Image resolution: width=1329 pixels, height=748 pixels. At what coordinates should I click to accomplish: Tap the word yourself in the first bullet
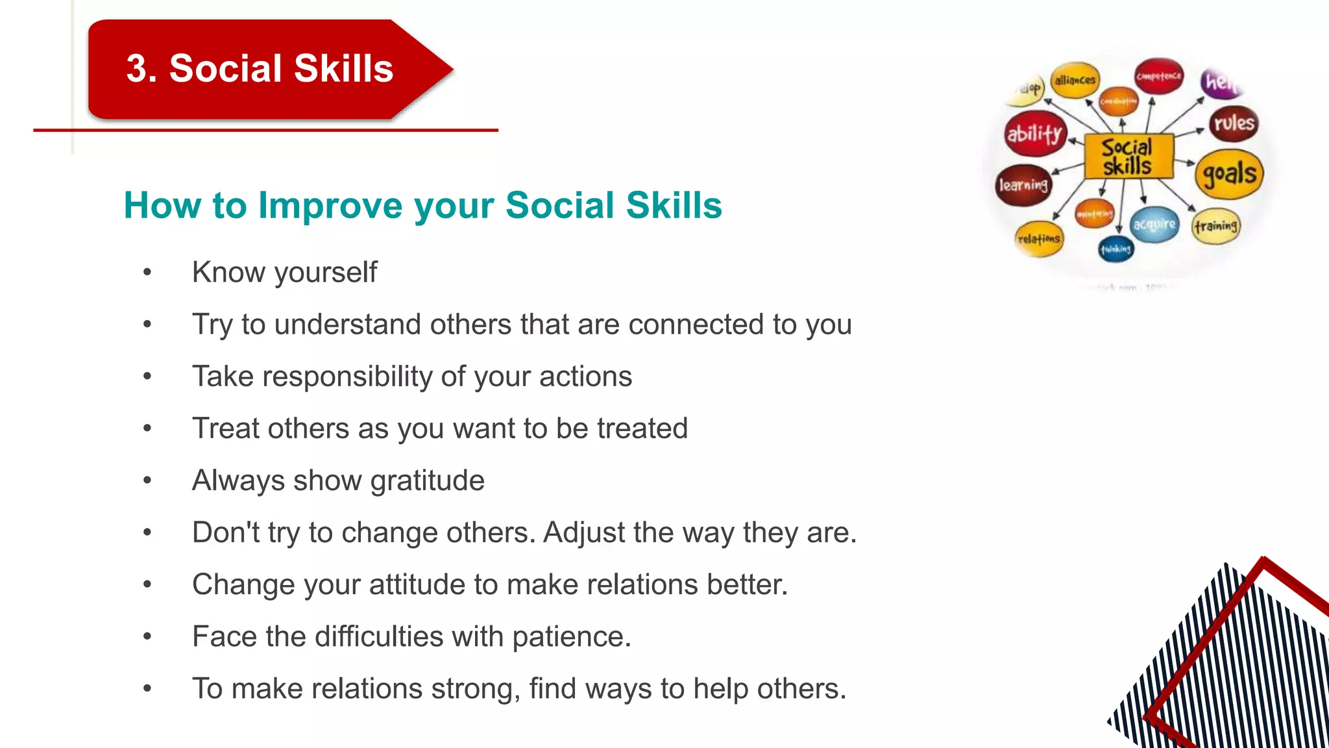point(326,273)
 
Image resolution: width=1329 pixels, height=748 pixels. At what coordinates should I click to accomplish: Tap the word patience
point(571,637)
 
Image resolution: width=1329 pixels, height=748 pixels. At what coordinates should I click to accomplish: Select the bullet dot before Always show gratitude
point(147,480)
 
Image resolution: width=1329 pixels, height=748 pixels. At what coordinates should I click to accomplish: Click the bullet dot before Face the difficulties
point(147,636)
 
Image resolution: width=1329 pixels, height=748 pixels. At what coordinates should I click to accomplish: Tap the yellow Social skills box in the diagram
point(1128,156)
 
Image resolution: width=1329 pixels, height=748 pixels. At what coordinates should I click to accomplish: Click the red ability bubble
point(1035,134)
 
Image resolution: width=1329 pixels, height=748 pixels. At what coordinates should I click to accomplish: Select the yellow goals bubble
point(1229,174)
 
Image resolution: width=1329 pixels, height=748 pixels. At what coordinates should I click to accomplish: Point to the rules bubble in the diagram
point(1234,123)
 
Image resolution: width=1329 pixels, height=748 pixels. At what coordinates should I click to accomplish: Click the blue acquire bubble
point(1154,225)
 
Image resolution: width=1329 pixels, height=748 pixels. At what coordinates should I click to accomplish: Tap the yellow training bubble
point(1216,226)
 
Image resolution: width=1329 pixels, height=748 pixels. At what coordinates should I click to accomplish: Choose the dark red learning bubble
point(1023,185)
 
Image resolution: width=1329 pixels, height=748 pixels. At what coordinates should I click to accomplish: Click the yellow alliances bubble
point(1075,81)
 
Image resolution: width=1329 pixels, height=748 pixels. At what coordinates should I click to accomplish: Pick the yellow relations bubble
point(1039,239)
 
